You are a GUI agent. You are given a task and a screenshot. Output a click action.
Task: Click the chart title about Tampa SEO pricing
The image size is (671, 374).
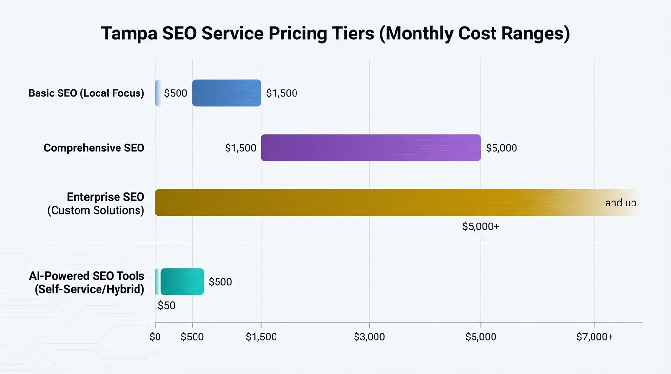tap(335, 35)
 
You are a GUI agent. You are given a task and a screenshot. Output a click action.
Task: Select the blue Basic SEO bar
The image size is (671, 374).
tap(226, 93)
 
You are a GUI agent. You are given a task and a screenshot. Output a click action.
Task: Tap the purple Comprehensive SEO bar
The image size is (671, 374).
tap(371, 148)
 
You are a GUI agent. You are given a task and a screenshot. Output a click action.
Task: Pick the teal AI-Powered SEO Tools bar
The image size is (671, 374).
tap(182, 281)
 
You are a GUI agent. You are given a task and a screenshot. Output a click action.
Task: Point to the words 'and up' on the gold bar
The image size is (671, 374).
tap(620, 203)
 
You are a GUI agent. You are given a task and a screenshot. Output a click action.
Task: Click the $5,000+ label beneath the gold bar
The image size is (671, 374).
tap(480, 226)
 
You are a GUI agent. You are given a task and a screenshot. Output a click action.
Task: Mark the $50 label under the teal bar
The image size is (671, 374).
tap(166, 306)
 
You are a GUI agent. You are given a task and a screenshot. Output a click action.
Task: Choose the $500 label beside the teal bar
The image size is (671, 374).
tap(220, 282)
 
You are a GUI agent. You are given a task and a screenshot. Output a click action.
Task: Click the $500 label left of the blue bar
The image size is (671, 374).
tap(176, 93)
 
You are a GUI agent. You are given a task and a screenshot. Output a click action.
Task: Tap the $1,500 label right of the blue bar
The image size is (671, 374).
tap(281, 93)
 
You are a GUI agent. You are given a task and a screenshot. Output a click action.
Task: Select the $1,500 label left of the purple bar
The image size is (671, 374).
tap(240, 148)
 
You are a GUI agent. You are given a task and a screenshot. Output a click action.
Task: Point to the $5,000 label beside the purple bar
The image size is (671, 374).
tap(501, 148)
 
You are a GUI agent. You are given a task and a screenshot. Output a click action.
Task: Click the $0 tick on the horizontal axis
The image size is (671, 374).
tap(155, 337)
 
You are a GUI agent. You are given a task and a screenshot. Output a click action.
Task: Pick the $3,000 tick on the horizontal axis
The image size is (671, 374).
tap(369, 337)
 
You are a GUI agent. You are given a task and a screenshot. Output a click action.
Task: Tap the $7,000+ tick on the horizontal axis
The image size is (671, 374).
tap(594, 337)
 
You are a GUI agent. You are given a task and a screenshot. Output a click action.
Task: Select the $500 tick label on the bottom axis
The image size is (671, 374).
tap(192, 337)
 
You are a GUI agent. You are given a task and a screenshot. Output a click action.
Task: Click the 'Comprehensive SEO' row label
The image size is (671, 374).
tap(94, 148)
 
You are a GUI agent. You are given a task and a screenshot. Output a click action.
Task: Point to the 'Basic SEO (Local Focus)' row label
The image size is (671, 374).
tap(86, 93)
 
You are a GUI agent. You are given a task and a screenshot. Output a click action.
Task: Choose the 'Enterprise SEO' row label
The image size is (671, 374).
tap(105, 197)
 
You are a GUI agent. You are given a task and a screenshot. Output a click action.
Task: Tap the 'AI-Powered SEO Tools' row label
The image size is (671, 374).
tap(87, 276)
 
